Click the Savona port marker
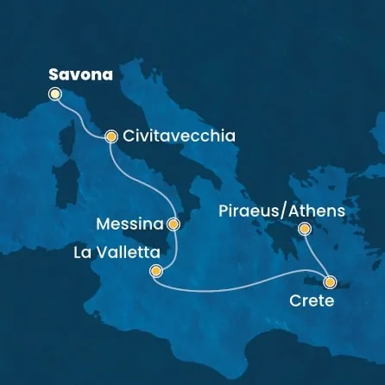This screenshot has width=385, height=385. coord(56,94)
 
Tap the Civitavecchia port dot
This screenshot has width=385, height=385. coord(111,136)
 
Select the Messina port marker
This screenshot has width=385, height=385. coord(174,224)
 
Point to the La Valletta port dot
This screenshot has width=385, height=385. coord(155,272)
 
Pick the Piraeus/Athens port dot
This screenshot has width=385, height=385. coord(304,229)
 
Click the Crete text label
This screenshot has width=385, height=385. coord(310,302)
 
